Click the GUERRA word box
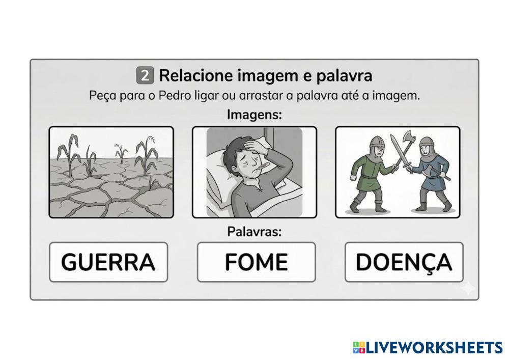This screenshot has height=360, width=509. (x=108, y=262)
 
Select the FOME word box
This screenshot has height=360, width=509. (x=257, y=262)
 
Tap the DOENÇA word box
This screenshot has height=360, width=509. (x=404, y=262)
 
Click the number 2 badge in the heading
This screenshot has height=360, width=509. (x=145, y=76)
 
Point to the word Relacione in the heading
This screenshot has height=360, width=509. (x=196, y=76)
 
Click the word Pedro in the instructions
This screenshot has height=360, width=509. (x=174, y=96)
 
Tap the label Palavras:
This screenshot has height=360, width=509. (x=254, y=232)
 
